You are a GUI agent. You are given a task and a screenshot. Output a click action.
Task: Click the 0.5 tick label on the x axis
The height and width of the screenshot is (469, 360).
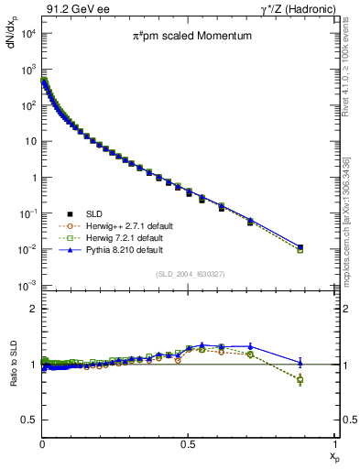[188, 442]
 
